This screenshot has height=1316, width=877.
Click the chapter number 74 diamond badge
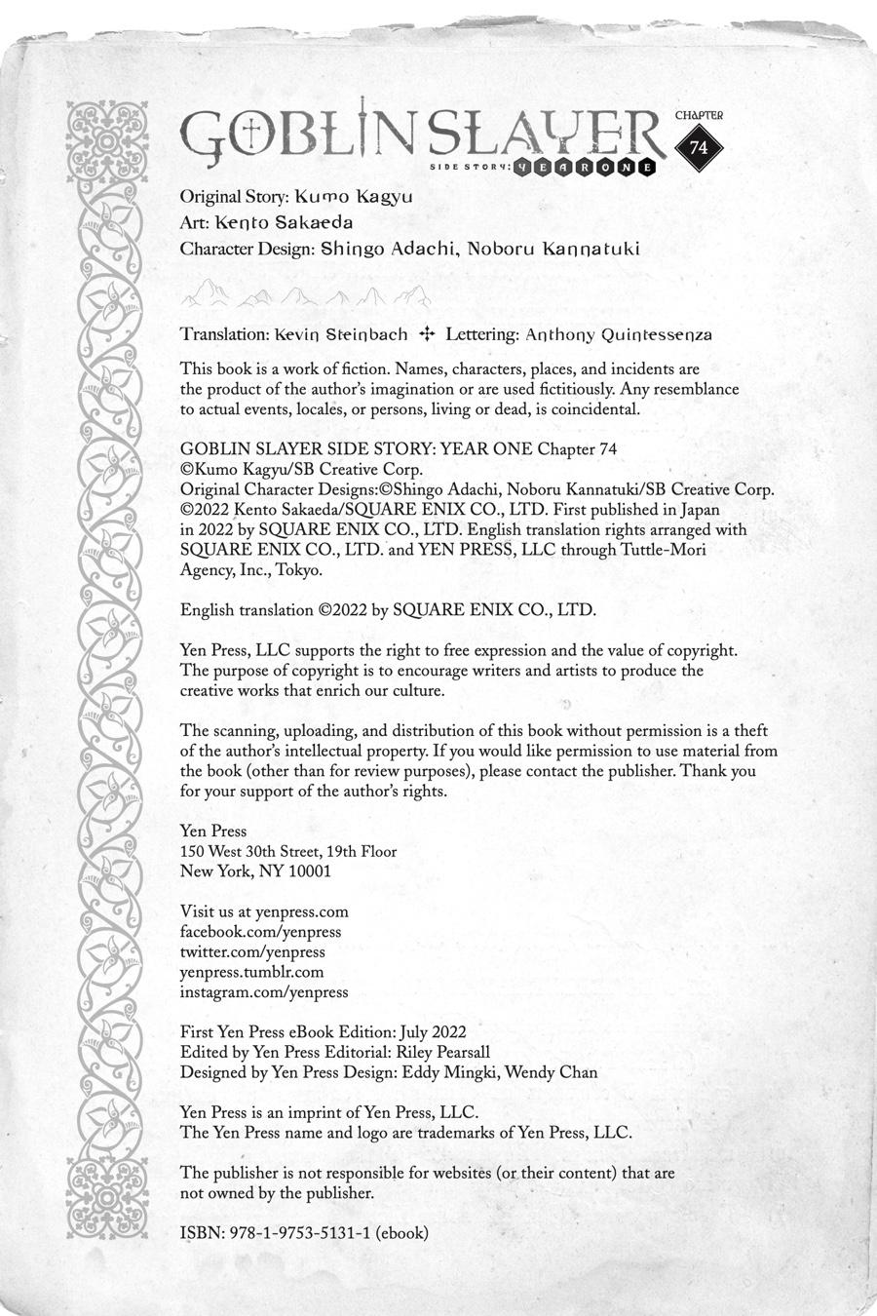point(699,147)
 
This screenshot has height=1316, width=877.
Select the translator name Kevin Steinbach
point(341,334)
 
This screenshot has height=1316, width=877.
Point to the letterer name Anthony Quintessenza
point(619,334)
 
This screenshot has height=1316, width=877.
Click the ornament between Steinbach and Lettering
point(426,334)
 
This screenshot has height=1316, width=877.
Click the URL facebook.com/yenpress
point(260,932)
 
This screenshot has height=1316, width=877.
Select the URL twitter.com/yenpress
point(252,951)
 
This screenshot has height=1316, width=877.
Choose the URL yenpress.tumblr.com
point(251,972)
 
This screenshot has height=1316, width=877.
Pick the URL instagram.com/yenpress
point(264,991)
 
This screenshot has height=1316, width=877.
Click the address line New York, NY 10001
point(255,871)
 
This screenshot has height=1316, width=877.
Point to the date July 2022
point(434,1031)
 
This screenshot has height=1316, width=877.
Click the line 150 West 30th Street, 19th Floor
point(288,851)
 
